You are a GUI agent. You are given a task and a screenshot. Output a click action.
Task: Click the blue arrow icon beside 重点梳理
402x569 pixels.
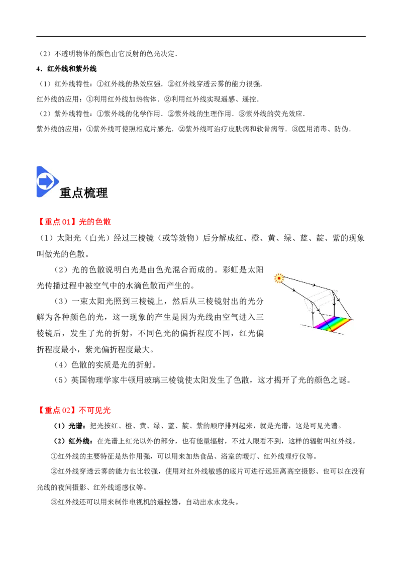[47, 182]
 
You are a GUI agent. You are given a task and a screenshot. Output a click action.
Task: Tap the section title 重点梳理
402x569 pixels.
[84, 193]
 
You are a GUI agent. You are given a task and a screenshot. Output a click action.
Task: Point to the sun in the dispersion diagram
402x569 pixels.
[279, 278]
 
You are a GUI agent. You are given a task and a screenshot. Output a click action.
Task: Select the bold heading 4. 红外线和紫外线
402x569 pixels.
[67, 68]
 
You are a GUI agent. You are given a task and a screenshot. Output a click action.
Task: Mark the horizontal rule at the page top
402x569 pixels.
[201, 36]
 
